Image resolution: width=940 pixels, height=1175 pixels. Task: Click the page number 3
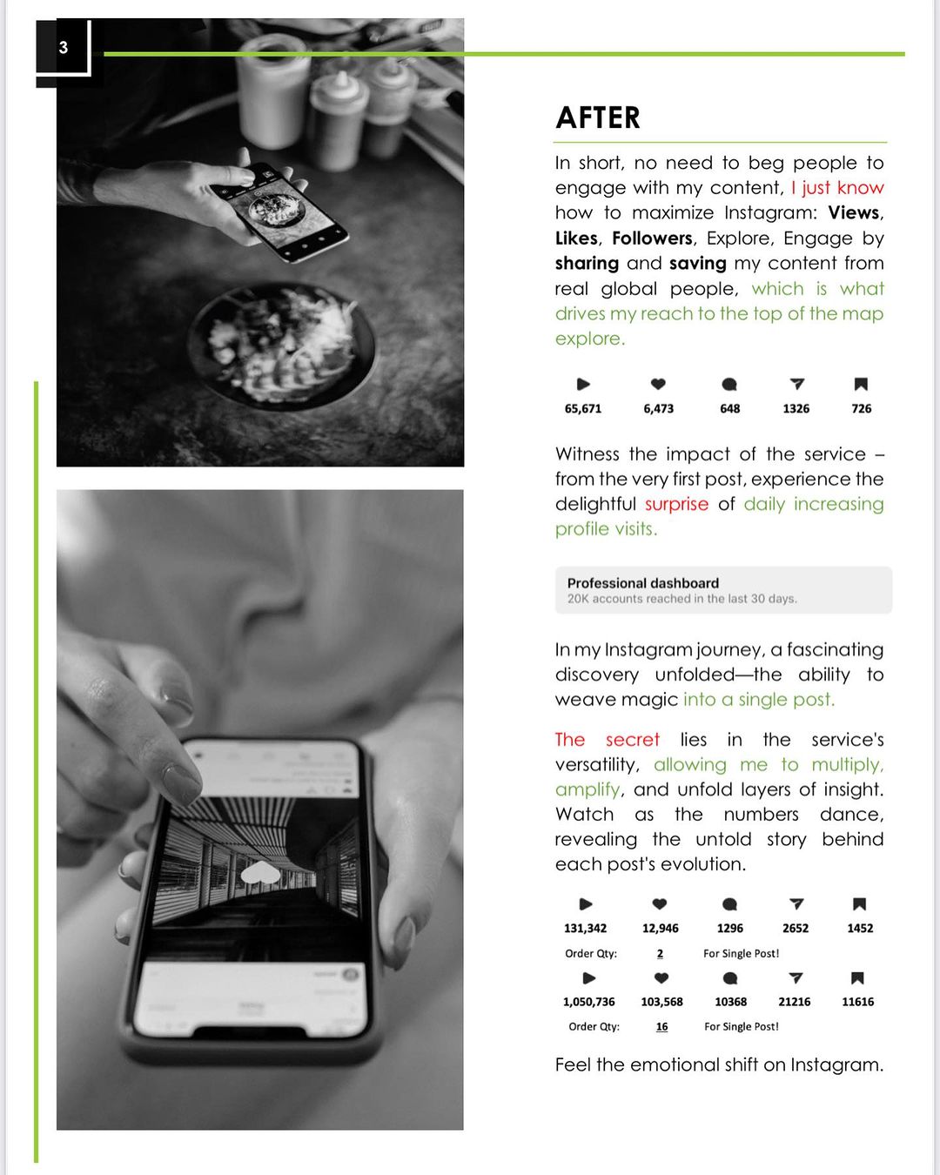click(64, 48)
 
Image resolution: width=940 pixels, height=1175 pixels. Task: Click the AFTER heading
click(598, 117)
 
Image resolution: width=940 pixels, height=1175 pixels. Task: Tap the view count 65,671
click(583, 408)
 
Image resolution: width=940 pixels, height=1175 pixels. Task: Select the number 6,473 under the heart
click(658, 408)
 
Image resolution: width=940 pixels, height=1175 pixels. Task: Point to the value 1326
click(796, 408)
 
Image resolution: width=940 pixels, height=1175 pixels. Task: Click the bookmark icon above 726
click(861, 385)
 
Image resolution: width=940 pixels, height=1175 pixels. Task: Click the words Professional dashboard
click(643, 582)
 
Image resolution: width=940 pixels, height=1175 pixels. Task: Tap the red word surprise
click(676, 503)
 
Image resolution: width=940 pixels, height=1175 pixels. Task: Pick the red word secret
click(633, 739)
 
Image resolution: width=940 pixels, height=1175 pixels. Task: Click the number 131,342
click(585, 928)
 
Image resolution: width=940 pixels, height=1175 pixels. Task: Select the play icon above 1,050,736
click(588, 978)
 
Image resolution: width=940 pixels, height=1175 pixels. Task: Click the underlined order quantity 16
click(661, 1026)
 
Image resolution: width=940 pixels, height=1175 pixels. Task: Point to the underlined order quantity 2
click(660, 953)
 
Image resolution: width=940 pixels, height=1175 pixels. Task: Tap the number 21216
click(794, 1002)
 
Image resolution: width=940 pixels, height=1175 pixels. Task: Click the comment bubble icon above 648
click(729, 385)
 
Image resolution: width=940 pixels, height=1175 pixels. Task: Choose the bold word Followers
click(652, 238)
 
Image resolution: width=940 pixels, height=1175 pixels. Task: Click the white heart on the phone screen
click(260, 873)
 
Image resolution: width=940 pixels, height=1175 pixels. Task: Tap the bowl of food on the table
click(281, 346)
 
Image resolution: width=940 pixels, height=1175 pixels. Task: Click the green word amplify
click(587, 790)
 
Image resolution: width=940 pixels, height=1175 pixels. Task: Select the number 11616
click(857, 1002)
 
